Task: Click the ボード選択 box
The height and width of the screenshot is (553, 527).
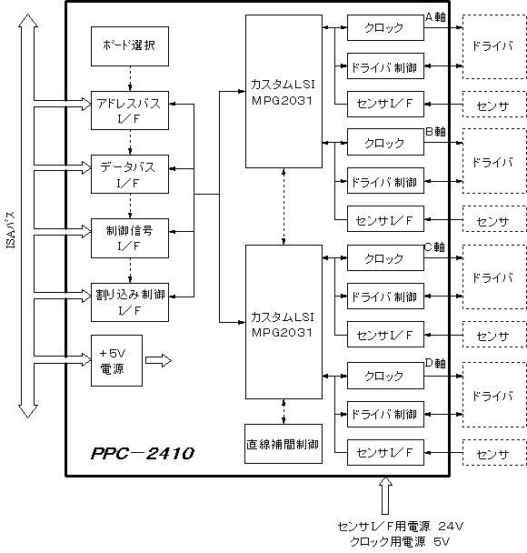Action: pos(130,46)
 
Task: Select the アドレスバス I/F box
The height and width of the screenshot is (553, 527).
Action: pos(130,110)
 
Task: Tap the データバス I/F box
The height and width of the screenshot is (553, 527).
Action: pos(130,174)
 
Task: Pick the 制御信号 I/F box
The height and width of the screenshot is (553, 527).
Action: pos(130,238)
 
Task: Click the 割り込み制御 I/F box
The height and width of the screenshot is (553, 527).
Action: pos(130,302)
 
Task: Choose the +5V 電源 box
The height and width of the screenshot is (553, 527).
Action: pos(116,360)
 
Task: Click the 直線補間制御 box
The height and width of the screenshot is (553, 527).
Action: pos(283,444)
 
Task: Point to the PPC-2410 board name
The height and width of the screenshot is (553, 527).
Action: pos(143,454)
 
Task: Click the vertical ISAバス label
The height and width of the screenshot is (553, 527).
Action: pos(11,230)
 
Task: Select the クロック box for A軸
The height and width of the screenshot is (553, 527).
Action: pos(385,27)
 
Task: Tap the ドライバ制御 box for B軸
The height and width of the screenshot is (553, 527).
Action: pos(385,181)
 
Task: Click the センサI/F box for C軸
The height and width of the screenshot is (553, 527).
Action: pos(385,334)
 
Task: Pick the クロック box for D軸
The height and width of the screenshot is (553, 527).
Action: pos(385,376)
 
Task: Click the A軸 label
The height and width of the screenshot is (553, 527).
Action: pos(435,16)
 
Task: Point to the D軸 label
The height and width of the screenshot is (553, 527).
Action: pos(435,363)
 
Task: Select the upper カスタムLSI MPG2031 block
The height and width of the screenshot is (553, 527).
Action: pos(283,91)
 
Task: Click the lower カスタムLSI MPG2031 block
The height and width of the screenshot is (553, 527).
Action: pos(283,322)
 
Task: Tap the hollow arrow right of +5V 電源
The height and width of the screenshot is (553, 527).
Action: pos(158,360)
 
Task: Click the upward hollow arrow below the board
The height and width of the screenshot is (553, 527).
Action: pos(385,496)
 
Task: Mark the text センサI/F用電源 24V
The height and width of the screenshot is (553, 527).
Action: pos(400,527)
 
